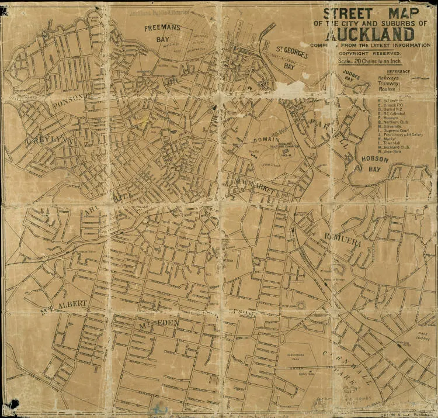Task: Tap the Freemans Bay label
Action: (x=165, y=33)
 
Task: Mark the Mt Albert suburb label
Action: (x=64, y=305)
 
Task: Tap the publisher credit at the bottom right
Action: (x=403, y=413)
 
